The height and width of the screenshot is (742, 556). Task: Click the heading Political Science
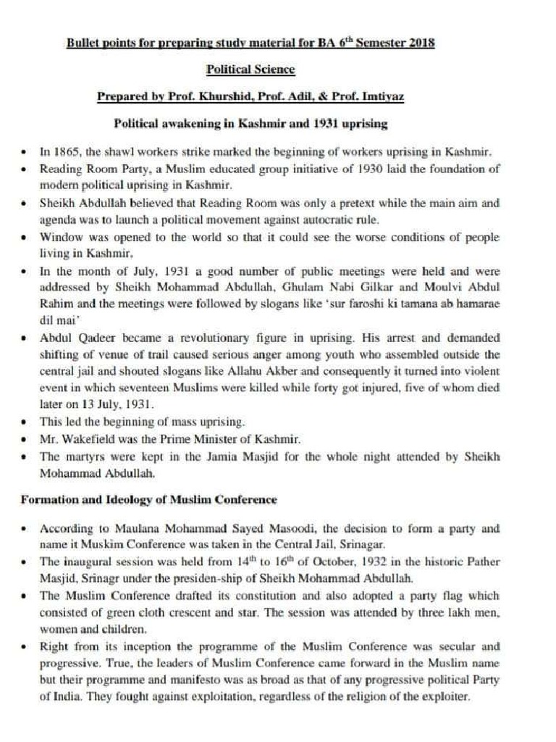[x=250, y=70]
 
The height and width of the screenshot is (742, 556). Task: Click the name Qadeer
[x=93, y=338]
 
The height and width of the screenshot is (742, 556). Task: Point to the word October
[x=276, y=562]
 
